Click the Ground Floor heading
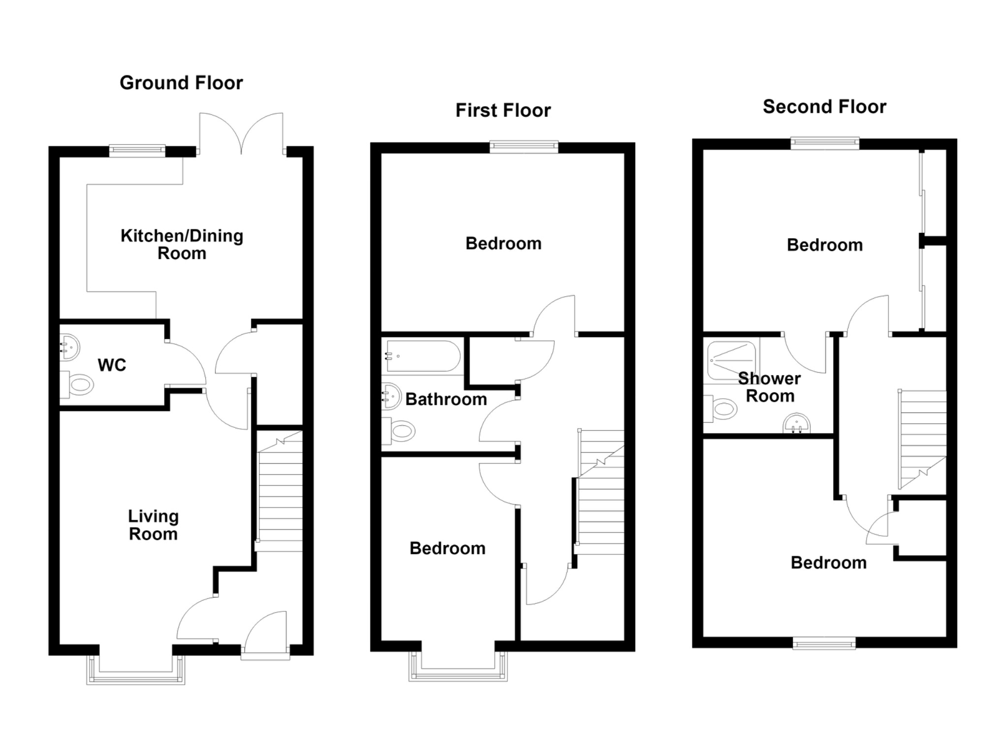click(181, 83)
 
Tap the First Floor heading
click(503, 110)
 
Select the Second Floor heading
click(824, 106)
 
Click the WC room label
click(112, 365)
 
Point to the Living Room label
click(153, 525)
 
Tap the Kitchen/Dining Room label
click(182, 244)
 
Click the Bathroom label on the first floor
click(446, 399)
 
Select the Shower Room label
click(770, 387)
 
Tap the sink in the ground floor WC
click(70, 348)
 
